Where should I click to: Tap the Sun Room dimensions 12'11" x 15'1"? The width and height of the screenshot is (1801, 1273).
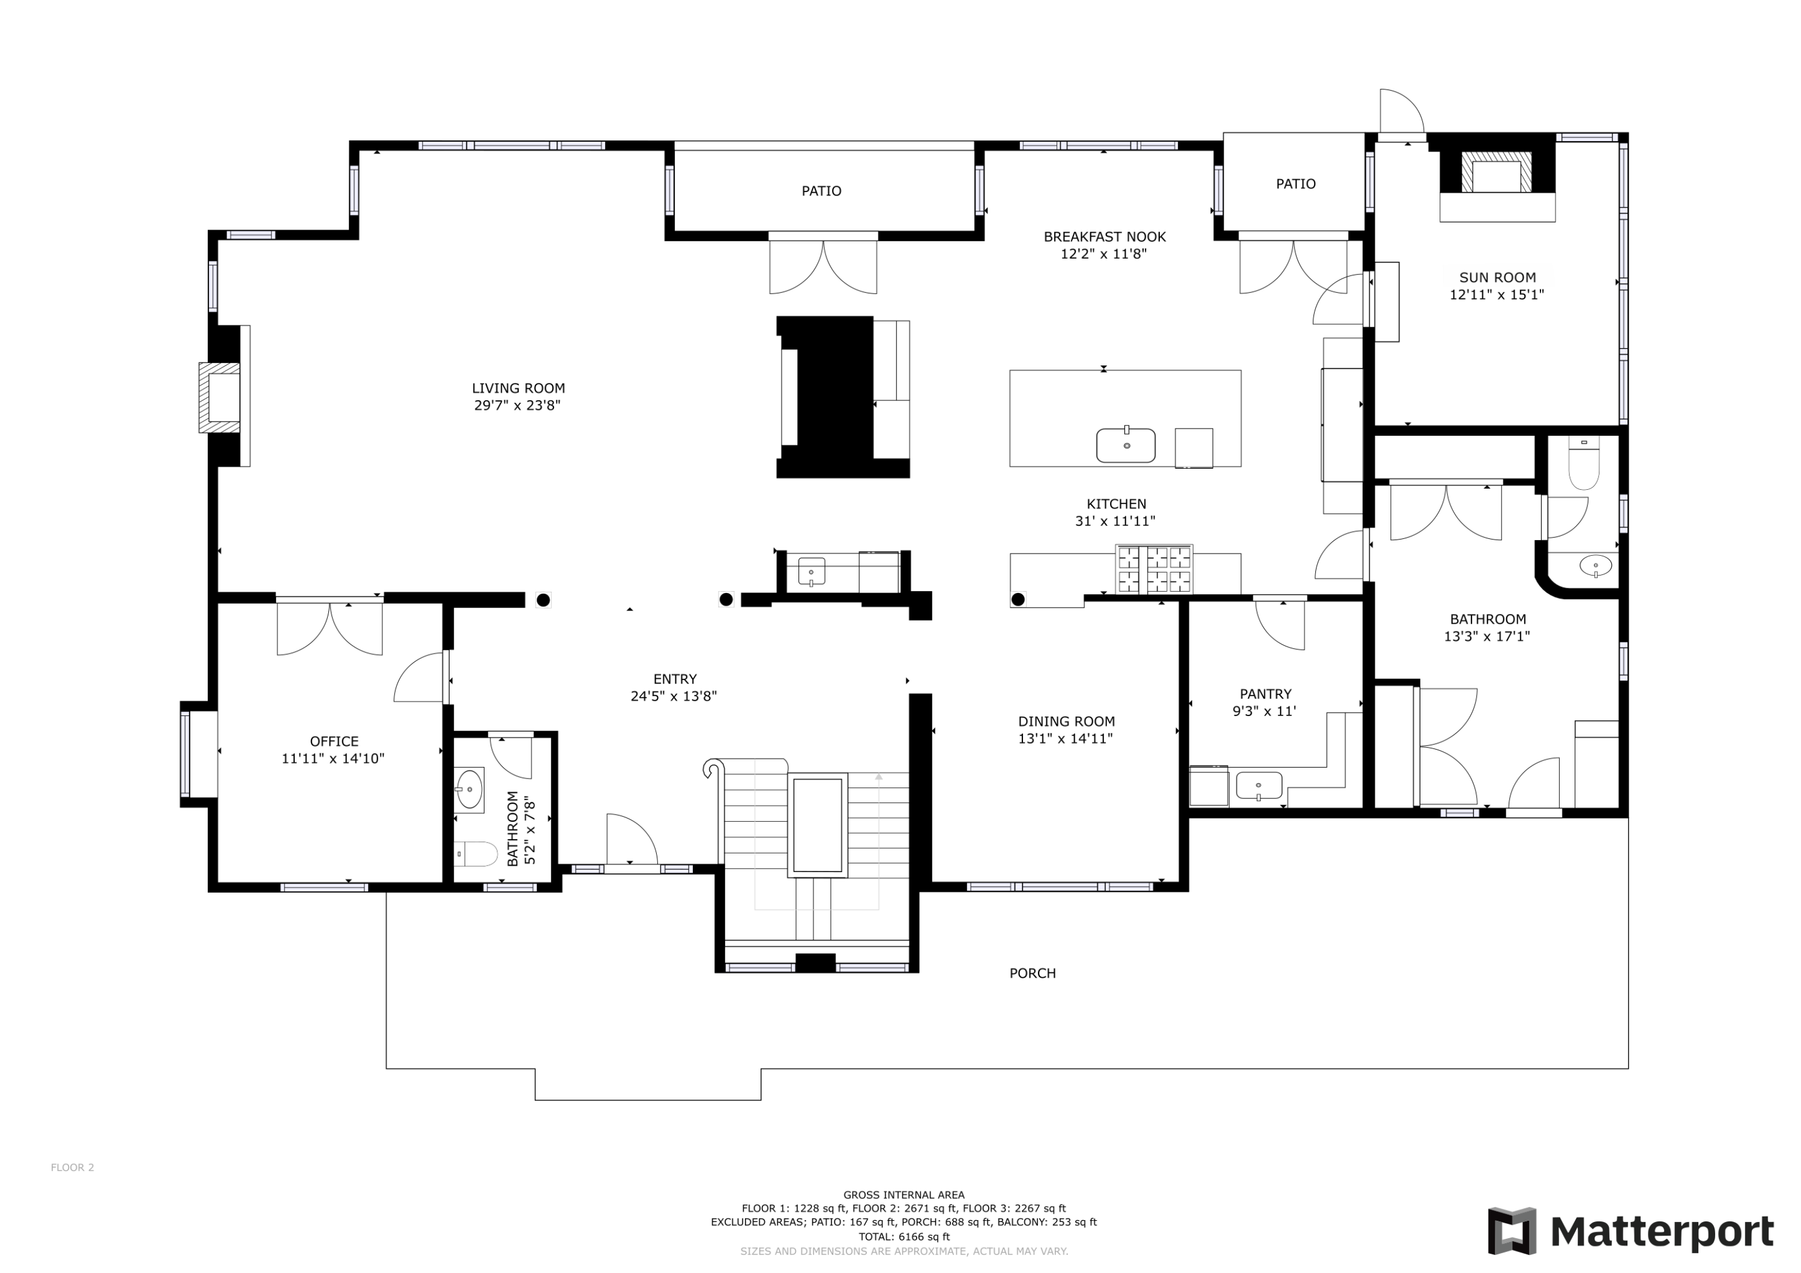(x=1497, y=295)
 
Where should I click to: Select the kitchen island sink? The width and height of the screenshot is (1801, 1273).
(x=1126, y=445)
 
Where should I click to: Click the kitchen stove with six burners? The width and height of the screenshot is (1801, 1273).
(x=1154, y=570)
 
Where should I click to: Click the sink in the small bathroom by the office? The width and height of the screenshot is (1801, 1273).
(x=469, y=789)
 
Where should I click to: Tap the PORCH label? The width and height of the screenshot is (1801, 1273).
(x=1033, y=974)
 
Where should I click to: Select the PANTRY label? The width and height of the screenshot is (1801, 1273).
(x=1266, y=694)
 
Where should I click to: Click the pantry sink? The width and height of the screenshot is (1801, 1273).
(x=1259, y=785)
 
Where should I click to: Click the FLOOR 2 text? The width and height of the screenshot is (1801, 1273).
(x=72, y=1167)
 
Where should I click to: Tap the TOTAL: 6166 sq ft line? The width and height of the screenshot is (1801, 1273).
(x=904, y=1237)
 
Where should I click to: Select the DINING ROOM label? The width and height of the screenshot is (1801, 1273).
(x=1066, y=721)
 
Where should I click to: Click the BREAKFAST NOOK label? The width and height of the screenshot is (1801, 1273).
(x=1105, y=237)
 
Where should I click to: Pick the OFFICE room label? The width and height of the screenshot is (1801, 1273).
(x=334, y=741)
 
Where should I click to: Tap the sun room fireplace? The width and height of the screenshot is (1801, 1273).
(x=1497, y=174)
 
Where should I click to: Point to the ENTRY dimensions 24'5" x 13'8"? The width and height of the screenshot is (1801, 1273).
(x=674, y=696)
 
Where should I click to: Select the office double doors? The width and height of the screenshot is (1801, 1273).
(x=330, y=627)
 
